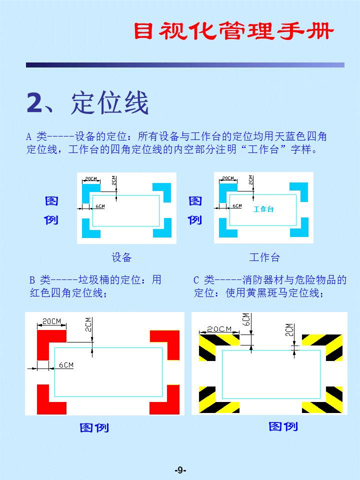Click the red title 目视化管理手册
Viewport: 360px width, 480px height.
point(233,31)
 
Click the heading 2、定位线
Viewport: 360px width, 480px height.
point(87,103)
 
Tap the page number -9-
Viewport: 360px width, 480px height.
point(180,470)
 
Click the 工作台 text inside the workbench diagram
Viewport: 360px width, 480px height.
point(263,209)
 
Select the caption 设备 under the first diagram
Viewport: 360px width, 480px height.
point(121,257)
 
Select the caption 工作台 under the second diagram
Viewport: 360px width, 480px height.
point(264,257)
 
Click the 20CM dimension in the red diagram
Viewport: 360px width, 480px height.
point(51,321)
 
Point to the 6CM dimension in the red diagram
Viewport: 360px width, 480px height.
point(66,365)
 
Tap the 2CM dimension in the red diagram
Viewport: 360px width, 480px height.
point(88,324)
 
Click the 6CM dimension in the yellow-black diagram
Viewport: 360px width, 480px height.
point(246,319)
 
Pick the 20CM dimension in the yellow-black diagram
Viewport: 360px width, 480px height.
point(219,329)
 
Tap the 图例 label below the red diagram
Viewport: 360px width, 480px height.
point(94,427)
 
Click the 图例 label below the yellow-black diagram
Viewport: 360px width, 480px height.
point(283,426)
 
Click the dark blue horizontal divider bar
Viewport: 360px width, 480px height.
point(185,65)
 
